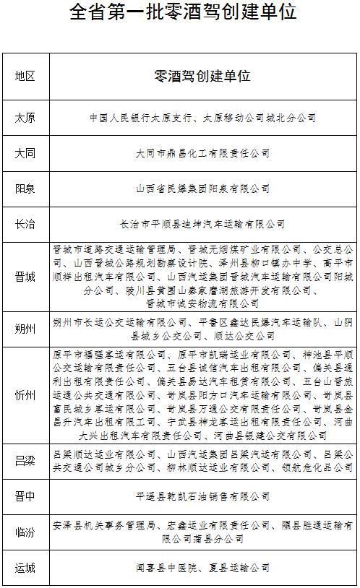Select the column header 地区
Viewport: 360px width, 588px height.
coord(25,76)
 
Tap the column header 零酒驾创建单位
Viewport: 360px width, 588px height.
coord(202,76)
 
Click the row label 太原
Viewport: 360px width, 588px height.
coord(25,117)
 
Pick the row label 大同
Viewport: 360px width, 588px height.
coord(25,153)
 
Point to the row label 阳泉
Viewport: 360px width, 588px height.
coord(25,189)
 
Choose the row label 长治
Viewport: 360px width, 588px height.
coord(25,224)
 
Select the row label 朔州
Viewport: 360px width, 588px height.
coord(25,329)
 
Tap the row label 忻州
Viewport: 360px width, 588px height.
coord(25,395)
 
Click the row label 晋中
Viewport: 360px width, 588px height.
coord(25,496)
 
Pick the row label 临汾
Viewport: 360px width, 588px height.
coord(25,532)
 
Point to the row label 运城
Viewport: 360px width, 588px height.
coord(25,568)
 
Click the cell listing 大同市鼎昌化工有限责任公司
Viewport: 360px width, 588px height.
coord(202,153)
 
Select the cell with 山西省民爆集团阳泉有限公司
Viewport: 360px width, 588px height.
coord(202,189)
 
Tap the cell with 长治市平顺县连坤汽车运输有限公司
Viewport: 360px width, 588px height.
coord(202,224)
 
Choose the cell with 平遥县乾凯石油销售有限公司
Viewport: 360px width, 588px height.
coord(202,496)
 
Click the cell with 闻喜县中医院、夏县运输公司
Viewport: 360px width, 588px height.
coord(202,568)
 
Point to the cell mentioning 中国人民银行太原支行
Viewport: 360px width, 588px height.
coord(202,117)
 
